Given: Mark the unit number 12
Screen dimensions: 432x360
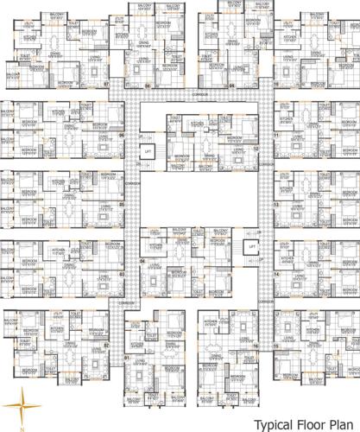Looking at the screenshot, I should click(256, 149).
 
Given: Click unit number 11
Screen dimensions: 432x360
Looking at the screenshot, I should click(275, 136).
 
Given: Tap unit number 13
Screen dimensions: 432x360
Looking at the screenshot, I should click(275, 205).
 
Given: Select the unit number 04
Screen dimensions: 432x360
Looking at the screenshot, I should click(142, 259).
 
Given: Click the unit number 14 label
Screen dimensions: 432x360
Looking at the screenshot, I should click(275, 275).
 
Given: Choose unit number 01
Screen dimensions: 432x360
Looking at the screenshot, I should click(126, 356).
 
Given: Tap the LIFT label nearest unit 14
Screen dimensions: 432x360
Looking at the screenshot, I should click(251, 246).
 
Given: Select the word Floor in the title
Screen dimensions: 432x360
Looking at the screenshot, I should click(308, 423).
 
